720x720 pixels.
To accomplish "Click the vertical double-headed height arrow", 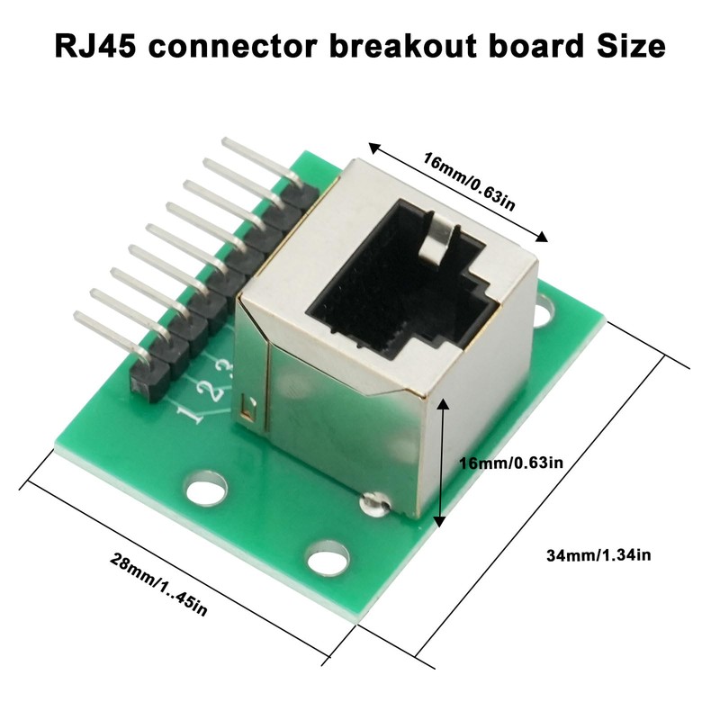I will tap(439, 463).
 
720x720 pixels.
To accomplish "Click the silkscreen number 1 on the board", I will tap(191, 415).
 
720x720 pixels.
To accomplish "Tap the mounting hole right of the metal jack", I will tap(545, 316).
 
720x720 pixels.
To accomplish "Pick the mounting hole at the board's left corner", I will tap(206, 490).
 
